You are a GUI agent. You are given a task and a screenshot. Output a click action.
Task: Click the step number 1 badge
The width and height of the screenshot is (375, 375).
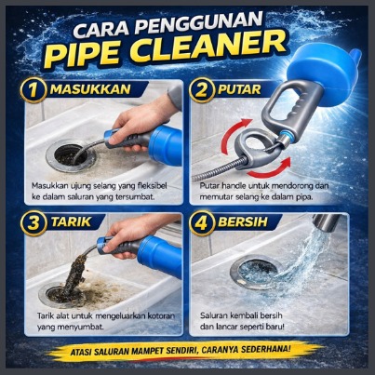click(33, 90)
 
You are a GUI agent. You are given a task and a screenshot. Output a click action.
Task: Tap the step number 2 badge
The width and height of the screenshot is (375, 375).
click(202, 90)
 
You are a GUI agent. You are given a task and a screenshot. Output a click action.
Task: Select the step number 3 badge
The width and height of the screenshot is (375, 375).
click(33, 223)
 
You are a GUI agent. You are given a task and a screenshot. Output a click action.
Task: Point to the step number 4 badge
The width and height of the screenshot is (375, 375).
click(202, 223)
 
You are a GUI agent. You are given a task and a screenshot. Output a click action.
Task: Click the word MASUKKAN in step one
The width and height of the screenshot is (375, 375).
click(90, 89)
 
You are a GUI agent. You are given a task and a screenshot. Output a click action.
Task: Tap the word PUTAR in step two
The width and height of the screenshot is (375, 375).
click(239, 89)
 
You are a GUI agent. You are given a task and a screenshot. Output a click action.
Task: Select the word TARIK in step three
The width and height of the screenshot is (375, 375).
click(72, 222)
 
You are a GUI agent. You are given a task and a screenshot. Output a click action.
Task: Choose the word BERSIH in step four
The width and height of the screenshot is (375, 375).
click(243, 222)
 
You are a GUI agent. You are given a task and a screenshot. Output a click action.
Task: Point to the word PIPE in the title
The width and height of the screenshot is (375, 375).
click(84, 54)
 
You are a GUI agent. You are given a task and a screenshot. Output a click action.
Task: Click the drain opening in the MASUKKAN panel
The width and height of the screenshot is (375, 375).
click(71, 154)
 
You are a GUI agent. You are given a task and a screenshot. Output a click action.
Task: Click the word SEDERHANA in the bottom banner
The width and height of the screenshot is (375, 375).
click(269, 349)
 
